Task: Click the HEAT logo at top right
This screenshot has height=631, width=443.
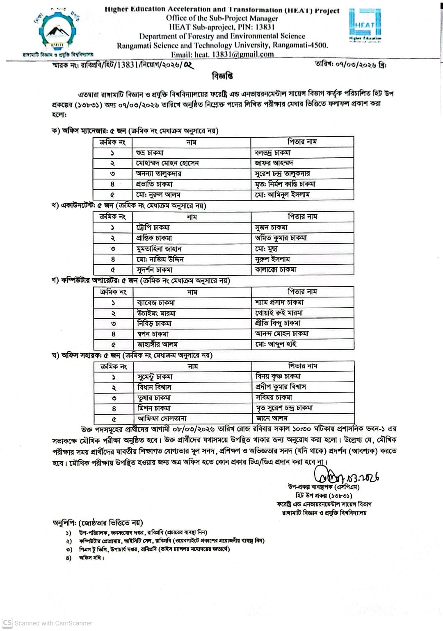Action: pos(365,25)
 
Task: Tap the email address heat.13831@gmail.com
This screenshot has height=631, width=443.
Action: pos(222,54)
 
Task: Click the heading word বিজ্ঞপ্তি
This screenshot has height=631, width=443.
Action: pos(222,76)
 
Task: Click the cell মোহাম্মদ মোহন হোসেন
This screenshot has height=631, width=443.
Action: pos(167,163)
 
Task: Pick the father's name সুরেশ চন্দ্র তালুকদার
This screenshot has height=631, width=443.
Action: pos(282,174)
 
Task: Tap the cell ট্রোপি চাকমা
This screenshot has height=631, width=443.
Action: pos(153,227)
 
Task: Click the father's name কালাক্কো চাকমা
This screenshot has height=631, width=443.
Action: pos(275,270)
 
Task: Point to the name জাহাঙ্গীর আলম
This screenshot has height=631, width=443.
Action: pos(158,345)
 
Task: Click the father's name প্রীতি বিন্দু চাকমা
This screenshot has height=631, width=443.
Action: pos(278,323)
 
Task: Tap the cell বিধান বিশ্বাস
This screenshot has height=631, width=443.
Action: pos(154,387)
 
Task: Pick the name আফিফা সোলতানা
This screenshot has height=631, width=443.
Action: pos(162,419)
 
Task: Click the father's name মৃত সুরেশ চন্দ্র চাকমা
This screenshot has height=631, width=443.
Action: pos(284,408)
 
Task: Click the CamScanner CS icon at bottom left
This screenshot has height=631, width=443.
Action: pos(7,623)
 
